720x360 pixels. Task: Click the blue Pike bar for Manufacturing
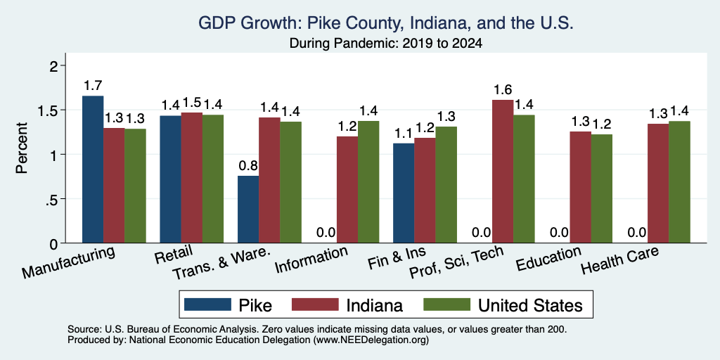93,169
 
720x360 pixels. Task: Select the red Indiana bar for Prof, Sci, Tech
503,172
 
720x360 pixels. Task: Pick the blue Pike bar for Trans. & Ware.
248,210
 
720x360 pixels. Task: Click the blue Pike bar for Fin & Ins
404,193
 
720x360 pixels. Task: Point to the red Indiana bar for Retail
191,178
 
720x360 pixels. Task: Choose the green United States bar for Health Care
680,182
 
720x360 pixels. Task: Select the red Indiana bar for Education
580,187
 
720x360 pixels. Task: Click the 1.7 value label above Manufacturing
93,86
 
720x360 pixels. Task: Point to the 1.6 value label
503,89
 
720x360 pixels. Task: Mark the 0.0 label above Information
326,233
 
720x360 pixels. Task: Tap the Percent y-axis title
22,148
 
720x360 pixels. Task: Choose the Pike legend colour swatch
207,305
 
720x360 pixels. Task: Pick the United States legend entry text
530,305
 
